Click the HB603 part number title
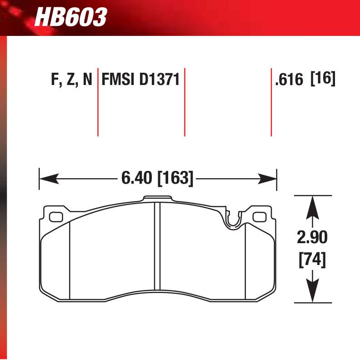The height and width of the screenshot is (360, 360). click(70, 17)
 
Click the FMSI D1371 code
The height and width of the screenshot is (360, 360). click(140, 80)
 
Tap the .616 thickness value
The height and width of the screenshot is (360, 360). click(289, 80)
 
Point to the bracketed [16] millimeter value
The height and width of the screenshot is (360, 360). click(323, 80)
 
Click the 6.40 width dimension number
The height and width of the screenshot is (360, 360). click(137, 178)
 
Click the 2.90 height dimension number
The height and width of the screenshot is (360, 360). click(311, 237)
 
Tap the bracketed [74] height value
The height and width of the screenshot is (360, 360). click(311, 260)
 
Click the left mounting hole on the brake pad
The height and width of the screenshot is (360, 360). click(56, 217)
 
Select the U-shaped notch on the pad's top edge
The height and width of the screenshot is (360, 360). click(233, 220)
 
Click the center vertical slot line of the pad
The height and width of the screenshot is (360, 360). click(157, 250)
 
